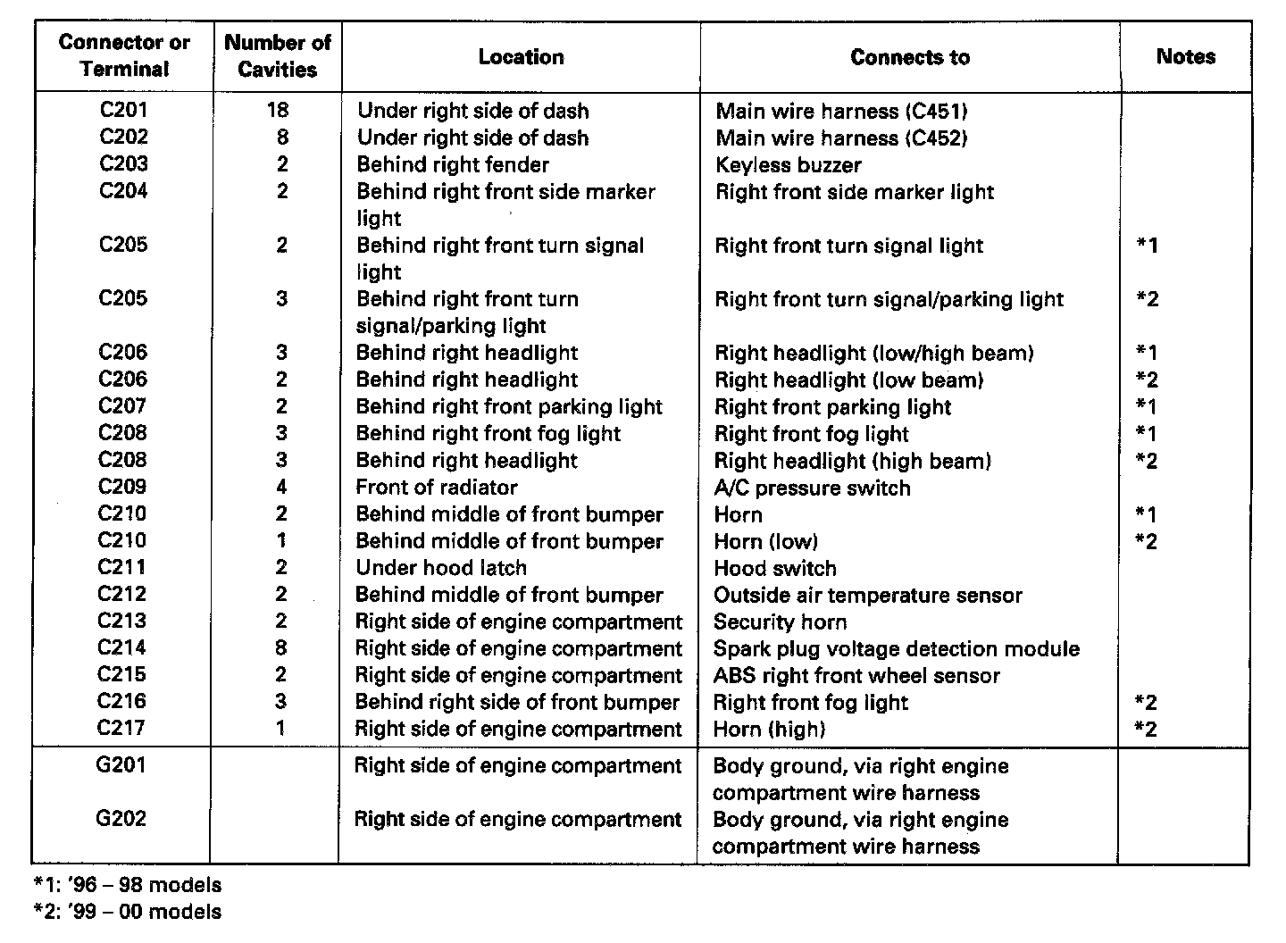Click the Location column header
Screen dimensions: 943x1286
click(x=521, y=57)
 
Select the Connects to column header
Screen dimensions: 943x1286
click(x=909, y=57)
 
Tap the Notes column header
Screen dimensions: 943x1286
click(x=1185, y=56)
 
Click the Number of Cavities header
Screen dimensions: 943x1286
click(x=277, y=55)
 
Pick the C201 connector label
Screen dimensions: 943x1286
click(x=123, y=110)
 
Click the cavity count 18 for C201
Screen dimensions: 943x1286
click(x=277, y=110)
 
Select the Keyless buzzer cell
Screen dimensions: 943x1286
click(x=789, y=165)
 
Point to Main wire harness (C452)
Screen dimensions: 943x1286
click(x=841, y=138)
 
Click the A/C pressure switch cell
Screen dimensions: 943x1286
click(x=812, y=488)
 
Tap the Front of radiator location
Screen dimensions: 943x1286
click(x=437, y=488)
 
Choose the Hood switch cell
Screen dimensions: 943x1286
click(x=775, y=569)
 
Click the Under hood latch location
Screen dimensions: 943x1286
click(x=441, y=568)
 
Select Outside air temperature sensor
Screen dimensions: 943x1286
click(x=867, y=596)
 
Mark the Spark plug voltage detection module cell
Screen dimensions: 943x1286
click(x=897, y=649)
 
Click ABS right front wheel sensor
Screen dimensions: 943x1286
click(x=856, y=676)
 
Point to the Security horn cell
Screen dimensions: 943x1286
click(x=780, y=622)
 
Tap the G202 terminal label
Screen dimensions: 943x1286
click(x=121, y=819)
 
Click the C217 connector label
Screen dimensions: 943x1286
click(x=121, y=728)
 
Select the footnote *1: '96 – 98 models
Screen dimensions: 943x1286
click(x=127, y=886)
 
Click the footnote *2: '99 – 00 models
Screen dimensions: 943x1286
click(x=127, y=913)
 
